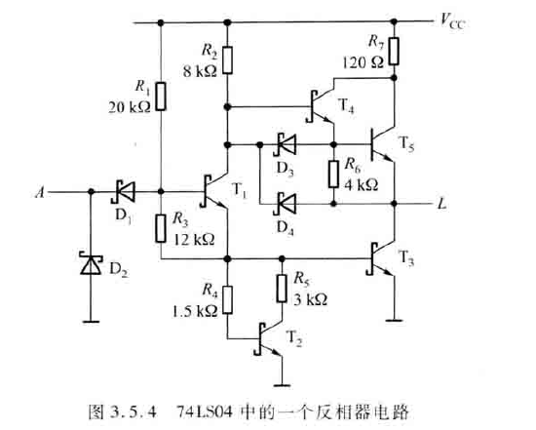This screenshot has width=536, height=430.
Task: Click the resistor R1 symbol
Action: coord(161,97)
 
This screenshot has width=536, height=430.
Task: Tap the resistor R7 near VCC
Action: coord(394,52)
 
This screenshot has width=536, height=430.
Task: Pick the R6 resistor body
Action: coord(334,172)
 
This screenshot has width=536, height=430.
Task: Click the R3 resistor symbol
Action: coord(161,228)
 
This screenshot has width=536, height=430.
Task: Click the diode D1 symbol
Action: coord(123,192)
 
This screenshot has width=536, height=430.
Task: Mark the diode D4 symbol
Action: coord(285,204)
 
